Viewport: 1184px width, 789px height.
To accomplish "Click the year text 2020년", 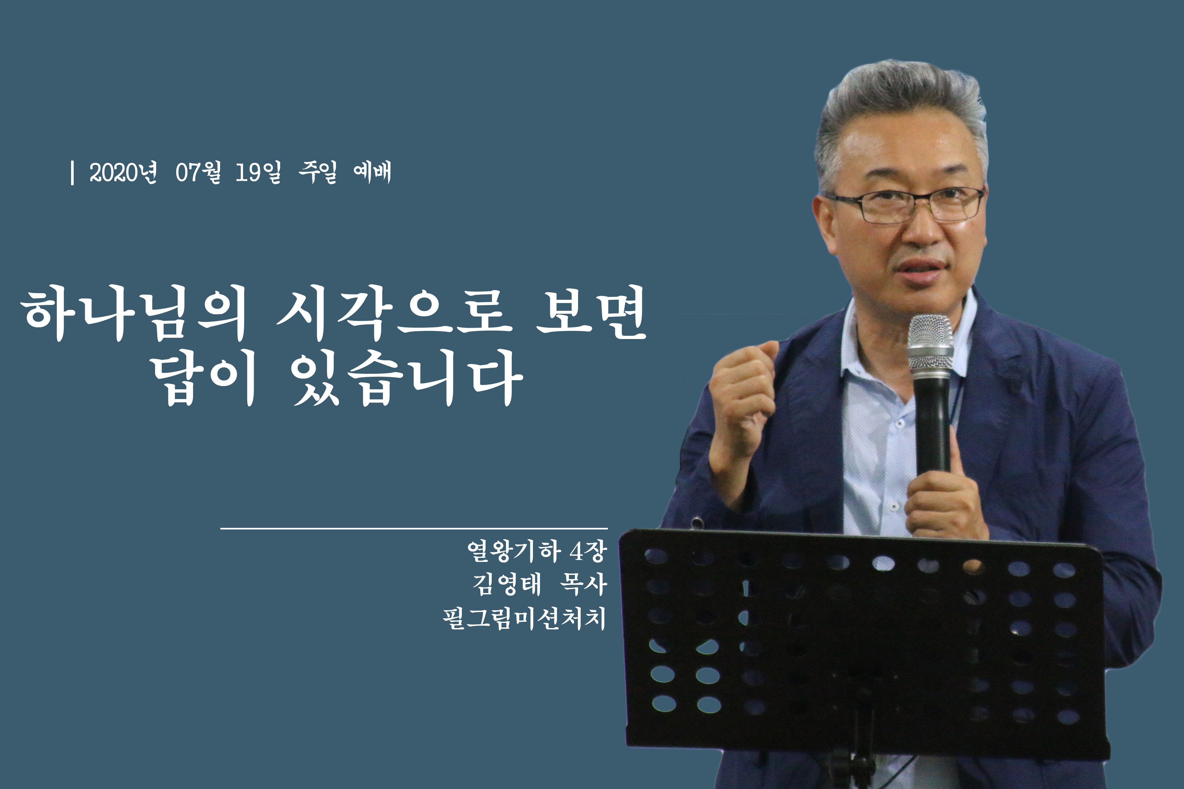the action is coord(123,173).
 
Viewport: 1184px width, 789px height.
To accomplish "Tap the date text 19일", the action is coord(258,173).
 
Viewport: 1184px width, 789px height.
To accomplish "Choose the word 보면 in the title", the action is coord(591,312).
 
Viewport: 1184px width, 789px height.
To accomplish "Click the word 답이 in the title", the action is coord(205,378).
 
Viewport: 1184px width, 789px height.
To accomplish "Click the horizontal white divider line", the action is coord(414,529).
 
